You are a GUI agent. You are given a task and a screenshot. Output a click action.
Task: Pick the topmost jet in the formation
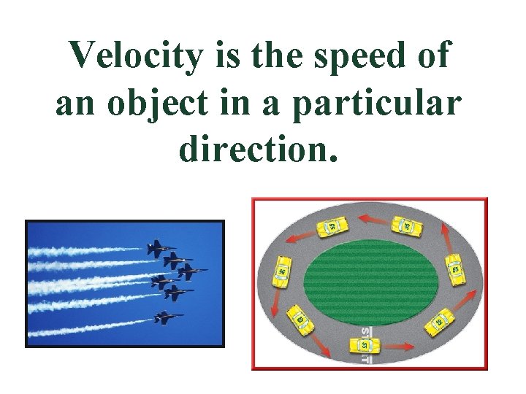pos(157,248)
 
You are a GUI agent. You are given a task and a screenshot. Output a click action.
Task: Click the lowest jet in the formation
pos(167,317)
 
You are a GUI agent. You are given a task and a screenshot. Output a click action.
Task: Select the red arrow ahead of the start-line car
pos(399,344)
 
